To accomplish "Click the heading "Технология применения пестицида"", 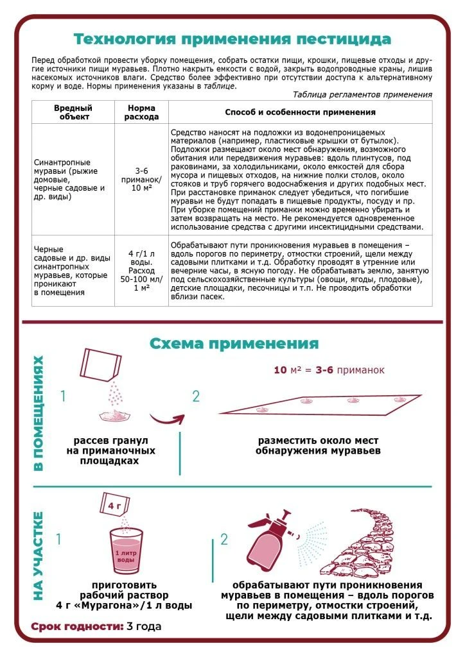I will pyautogui.click(x=232, y=39).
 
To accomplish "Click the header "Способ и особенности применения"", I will pyautogui.click(x=300, y=112).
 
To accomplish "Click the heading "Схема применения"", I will pyautogui.click(x=234, y=343).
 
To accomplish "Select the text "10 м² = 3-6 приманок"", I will pyautogui.click(x=329, y=370).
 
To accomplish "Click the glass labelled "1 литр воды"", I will pyautogui.click(x=126, y=550).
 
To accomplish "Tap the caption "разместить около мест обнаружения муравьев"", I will pyautogui.click(x=317, y=445).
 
